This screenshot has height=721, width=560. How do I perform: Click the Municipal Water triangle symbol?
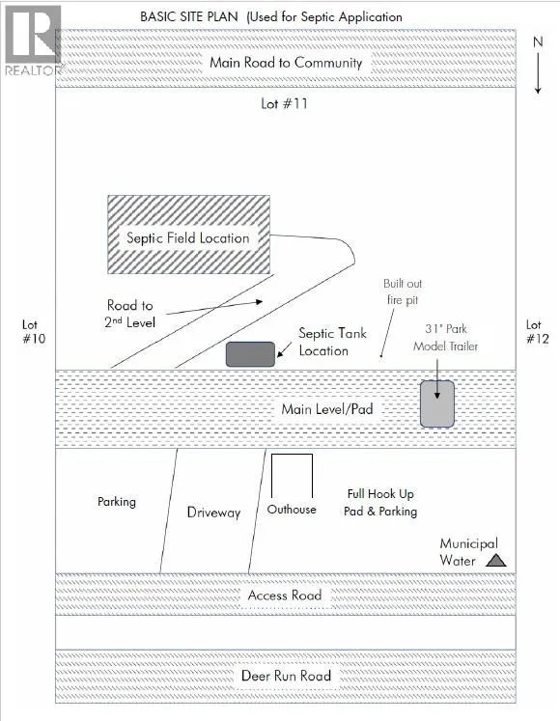pyautogui.click(x=496, y=560)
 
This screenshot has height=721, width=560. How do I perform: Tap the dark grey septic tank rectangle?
pyautogui.click(x=250, y=354)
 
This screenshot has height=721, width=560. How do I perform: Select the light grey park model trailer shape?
pyautogui.click(x=437, y=403)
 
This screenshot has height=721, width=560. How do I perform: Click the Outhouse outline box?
pyautogui.click(x=292, y=455)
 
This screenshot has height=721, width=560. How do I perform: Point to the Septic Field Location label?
pyautogui.click(x=187, y=237)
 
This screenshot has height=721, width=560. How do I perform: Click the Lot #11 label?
pyautogui.click(x=284, y=103)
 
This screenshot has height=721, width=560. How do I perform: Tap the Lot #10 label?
pyautogui.click(x=34, y=331)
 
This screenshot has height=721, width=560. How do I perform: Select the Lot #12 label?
pyautogui.click(x=538, y=331)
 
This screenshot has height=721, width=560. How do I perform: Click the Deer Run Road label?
pyautogui.click(x=286, y=676)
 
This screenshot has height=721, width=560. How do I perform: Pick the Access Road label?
pyautogui.click(x=285, y=595)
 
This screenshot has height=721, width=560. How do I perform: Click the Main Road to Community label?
pyautogui.click(x=286, y=63)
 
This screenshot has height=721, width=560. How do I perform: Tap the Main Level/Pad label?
pyautogui.click(x=327, y=409)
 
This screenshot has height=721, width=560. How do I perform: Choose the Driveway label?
pyautogui.click(x=214, y=513)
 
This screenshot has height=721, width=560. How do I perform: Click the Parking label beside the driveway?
pyautogui.click(x=117, y=501)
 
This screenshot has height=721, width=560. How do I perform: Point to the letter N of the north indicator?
pyautogui.click(x=538, y=42)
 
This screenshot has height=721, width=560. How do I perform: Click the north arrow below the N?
pyautogui.click(x=538, y=73)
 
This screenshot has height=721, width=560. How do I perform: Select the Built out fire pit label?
pyautogui.click(x=403, y=291)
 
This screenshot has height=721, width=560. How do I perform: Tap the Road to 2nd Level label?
pyautogui.click(x=129, y=314)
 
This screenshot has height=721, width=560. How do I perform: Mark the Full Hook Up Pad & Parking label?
pyautogui.click(x=380, y=502)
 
